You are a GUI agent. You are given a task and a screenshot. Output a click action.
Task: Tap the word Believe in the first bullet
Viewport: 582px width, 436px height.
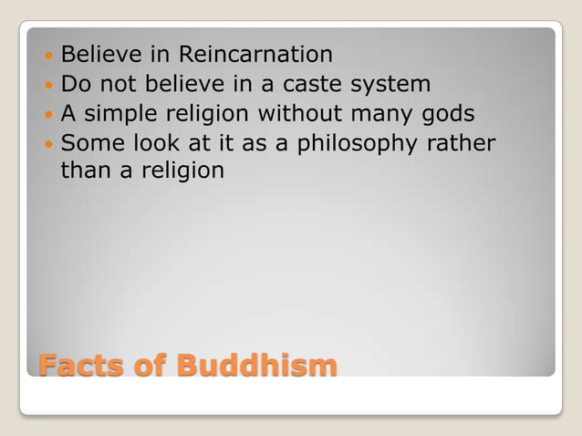(x=100, y=55)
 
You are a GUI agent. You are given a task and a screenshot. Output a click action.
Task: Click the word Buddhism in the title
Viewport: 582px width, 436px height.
(x=256, y=366)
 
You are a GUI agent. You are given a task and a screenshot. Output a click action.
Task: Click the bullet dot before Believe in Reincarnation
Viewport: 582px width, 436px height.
(x=46, y=56)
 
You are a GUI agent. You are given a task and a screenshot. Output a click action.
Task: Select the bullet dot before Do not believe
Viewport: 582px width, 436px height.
(x=46, y=86)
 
